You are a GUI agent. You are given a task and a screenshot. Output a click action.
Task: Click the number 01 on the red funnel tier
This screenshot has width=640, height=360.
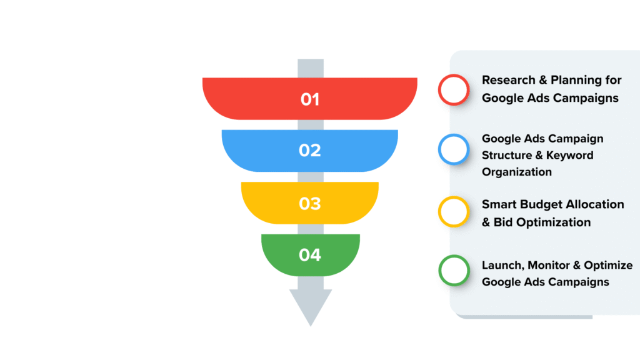(x=310, y=99)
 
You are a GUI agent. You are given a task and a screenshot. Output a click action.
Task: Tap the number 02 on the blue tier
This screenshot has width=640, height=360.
(x=310, y=151)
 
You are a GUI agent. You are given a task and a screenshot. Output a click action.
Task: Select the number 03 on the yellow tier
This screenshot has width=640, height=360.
(x=310, y=204)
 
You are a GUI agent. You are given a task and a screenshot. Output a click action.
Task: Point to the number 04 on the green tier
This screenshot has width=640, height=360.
(x=310, y=255)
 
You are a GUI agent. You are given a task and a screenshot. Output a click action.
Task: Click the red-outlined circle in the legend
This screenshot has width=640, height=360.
(x=454, y=89)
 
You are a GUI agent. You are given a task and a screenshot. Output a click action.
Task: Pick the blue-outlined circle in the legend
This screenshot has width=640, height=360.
(x=454, y=149)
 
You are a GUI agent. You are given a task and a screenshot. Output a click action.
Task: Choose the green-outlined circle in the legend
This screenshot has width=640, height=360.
(x=454, y=270)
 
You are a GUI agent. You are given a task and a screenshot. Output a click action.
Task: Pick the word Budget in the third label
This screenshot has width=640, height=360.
(x=541, y=204)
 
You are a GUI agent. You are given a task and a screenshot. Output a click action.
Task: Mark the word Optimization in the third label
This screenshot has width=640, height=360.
(x=553, y=222)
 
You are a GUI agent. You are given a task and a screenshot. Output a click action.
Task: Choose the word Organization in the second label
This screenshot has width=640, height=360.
(x=517, y=172)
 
